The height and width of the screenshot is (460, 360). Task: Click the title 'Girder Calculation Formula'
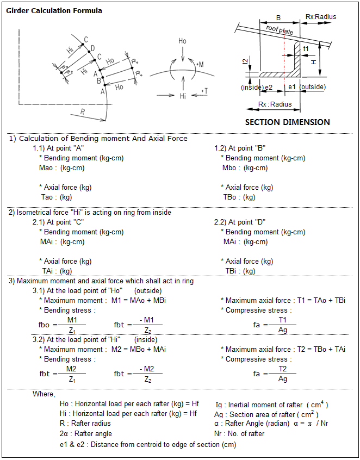[x=54, y=10]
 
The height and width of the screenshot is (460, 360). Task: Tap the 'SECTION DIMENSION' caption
[x=287, y=122]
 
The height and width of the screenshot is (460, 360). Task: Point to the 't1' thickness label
[x=306, y=49]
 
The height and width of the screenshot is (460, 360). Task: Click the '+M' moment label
[x=200, y=64]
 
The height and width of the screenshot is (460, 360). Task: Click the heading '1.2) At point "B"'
[x=240, y=148]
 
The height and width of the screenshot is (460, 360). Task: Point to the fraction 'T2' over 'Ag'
[x=283, y=374]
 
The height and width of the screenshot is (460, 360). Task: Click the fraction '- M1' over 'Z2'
[x=147, y=325]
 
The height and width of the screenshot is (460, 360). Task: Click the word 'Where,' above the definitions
[x=44, y=394]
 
